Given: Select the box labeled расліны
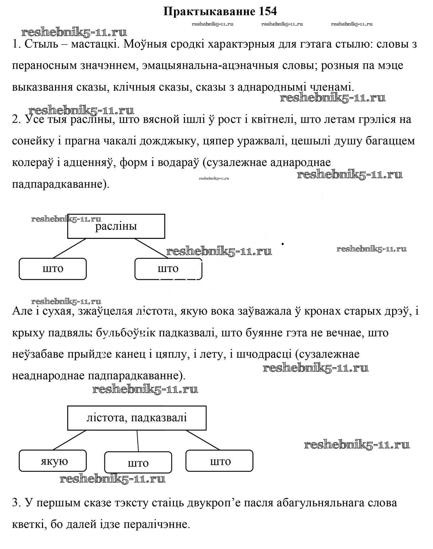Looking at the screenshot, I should click(116, 226).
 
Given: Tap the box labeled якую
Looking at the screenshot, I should click(53, 461).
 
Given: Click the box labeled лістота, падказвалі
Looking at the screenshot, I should click(137, 417).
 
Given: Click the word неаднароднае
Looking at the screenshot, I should click(48, 375).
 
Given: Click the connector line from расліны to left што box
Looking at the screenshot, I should click(70, 248).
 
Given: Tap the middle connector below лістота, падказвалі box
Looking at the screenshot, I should click(138, 441).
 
